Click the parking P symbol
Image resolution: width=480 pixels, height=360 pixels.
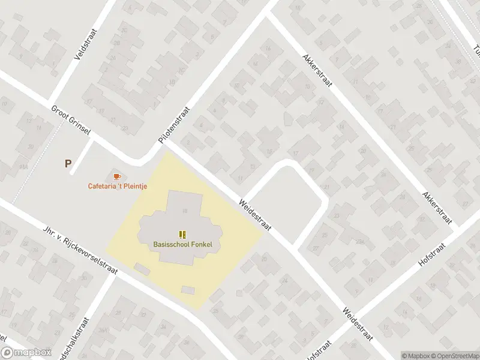point(68,163)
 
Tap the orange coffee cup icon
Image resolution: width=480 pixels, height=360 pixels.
point(117,176)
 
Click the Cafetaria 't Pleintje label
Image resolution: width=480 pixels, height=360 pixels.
point(118,186)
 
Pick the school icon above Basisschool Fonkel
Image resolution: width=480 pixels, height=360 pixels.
point(182,234)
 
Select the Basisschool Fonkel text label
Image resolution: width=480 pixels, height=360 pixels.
point(182,244)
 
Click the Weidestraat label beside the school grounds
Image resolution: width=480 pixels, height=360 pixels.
point(256,213)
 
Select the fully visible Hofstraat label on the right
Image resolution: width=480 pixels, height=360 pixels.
point(432,256)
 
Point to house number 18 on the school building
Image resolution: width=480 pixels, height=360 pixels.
point(185,210)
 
